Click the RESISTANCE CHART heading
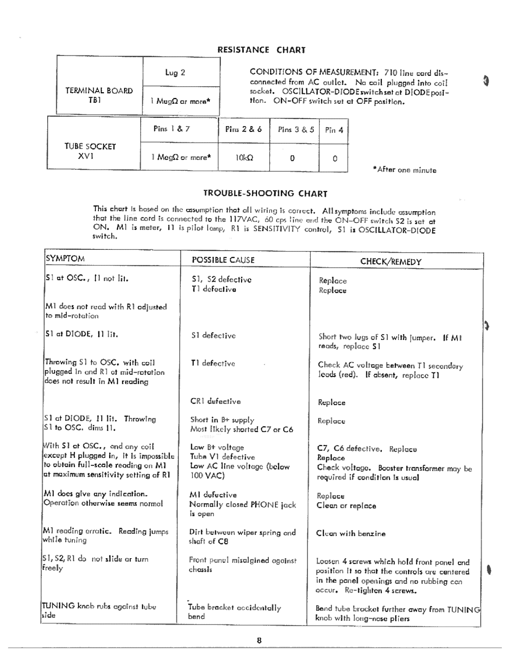tap(261, 50)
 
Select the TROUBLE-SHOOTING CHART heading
tap(265, 193)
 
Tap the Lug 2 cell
tap(175, 73)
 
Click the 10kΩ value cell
tap(244, 158)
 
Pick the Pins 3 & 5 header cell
tap(296, 129)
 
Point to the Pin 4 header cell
tap(334, 130)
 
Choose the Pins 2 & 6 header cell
tap(243, 129)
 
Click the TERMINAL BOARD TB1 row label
tap(99, 95)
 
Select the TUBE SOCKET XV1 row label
tap(90, 151)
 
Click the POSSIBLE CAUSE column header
tap(223, 260)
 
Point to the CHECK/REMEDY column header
tap(391, 262)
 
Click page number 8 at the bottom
tap(259, 640)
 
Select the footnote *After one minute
tap(404, 170)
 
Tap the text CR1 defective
tap(215, 401)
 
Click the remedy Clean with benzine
tap(350, 534)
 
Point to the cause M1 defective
tap(213, 495)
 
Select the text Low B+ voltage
tap(217, 447)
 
